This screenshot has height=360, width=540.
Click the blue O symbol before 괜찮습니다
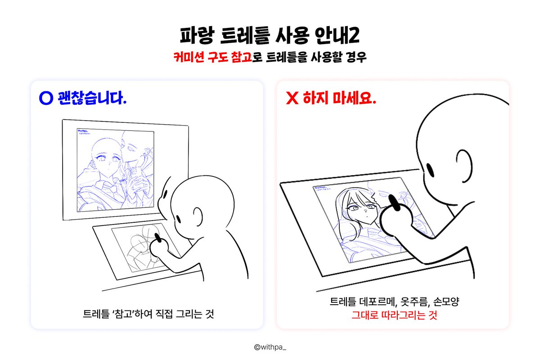[x=46, y=99]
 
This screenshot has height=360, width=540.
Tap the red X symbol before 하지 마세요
[x=292, y=99]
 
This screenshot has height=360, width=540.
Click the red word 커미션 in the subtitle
[x=188, y=58]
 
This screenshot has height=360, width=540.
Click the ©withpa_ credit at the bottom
[x=270, y=347]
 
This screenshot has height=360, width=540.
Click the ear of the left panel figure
[x=196, y=214]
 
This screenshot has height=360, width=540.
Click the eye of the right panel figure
[x=429, y=170]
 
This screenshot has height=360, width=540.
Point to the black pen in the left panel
[x=157, y=237]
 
